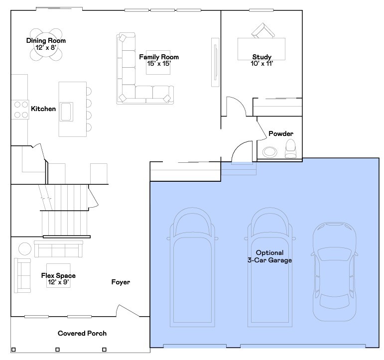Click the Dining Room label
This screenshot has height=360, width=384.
tap(46, 40)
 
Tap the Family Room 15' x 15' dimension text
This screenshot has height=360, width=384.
tap(158, 63)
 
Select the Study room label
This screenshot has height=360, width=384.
tap(261, 57)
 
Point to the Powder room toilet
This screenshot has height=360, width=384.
tap(290, 148)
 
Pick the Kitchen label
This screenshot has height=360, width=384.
tap(43, 109)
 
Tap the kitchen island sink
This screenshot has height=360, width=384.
tap(66, 111)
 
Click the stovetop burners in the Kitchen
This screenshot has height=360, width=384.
tap(20, 110)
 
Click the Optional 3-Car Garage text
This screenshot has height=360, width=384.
tap(269, 256)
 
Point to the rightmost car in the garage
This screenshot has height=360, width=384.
tap(335, 271)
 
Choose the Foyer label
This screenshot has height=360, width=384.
tap(121, 282)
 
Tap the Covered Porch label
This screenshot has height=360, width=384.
tap(82, 333)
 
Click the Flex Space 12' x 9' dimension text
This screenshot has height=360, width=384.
tap(58, 282)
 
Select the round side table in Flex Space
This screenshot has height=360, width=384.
tap(24, 248)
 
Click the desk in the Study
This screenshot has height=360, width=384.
tap(261, 49)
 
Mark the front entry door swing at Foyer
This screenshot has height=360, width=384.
tap(128, 311)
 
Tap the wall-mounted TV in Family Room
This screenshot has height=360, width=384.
tap(216, 62)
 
